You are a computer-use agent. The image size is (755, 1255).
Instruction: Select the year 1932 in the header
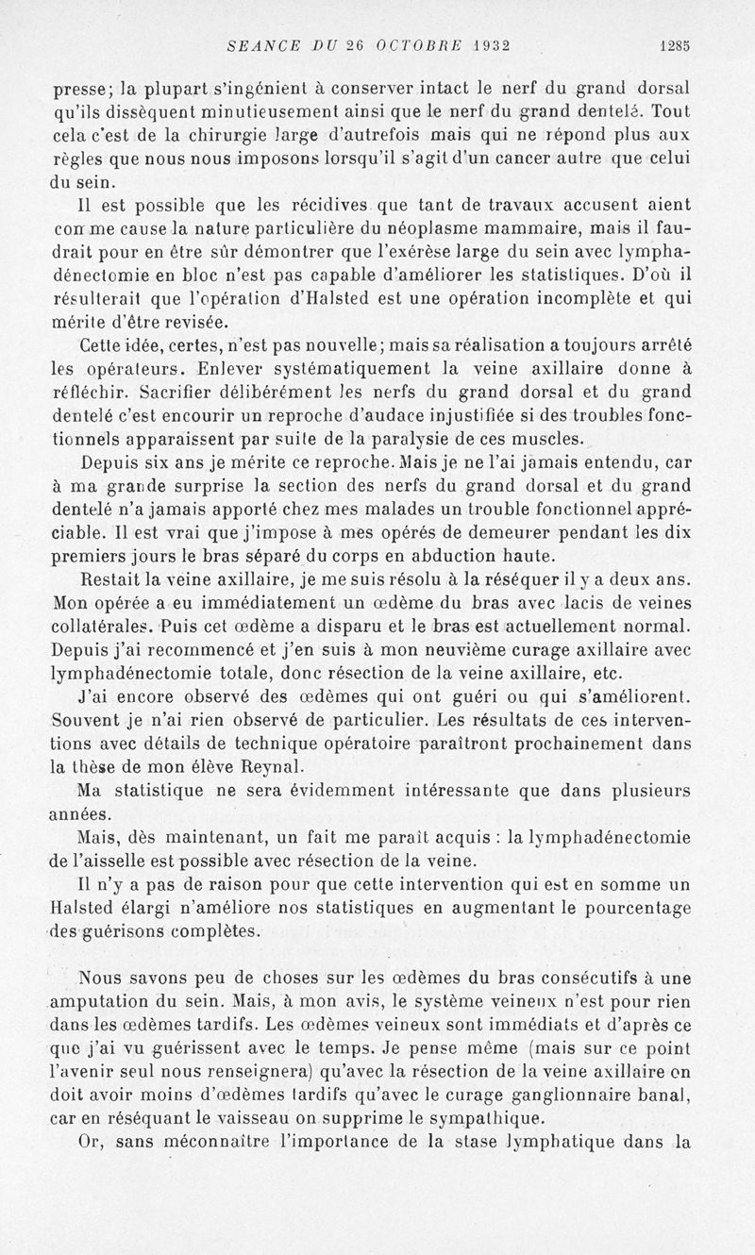coord(481,42)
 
